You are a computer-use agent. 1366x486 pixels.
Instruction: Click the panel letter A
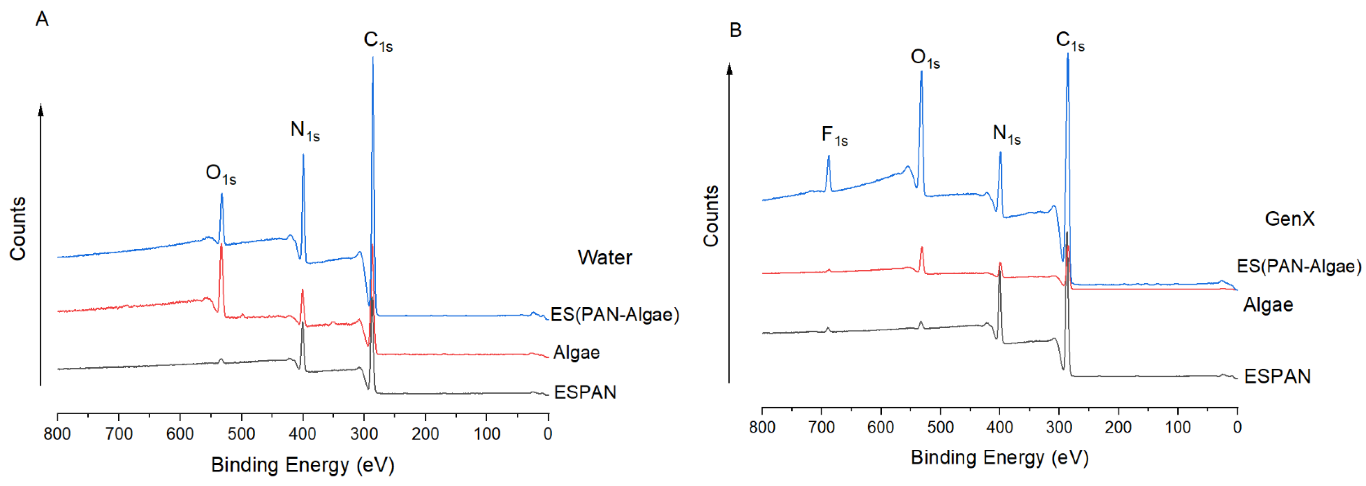[42, 19]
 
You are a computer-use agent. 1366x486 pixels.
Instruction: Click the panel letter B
[735, 30]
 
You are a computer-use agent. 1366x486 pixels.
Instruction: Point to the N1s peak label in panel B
[1006, 134]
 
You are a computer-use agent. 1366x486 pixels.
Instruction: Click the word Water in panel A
[604, 258]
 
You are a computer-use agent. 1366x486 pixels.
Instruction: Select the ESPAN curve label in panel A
[585, 393]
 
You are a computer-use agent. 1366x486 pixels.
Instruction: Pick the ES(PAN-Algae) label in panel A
[615, 315]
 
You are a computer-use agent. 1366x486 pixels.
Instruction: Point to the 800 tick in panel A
[57, 434]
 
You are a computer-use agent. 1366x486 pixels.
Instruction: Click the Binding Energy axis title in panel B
[999, 457]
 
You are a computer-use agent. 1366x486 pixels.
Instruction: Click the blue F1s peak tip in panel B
[828, 157]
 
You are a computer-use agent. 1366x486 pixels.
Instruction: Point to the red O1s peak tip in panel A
[222, 246]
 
